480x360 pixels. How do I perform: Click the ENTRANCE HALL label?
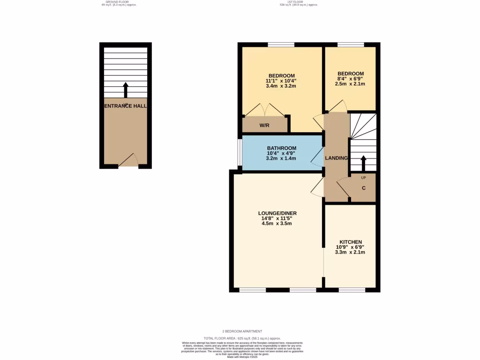(125, 106)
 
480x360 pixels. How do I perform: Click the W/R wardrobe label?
(264, 125)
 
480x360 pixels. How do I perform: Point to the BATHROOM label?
(282, 148)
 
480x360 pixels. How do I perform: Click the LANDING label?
(337, 158)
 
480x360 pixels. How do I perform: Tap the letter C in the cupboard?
(363, 188)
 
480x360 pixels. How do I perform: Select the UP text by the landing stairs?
(363, 178)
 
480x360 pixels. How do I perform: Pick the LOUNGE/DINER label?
(277, 213)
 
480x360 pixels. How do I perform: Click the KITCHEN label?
(351, 242)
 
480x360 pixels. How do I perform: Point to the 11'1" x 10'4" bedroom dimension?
(281, 81)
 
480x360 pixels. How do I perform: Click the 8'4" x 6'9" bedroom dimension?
(351, 79)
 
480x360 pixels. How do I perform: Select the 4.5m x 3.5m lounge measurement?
(277, 224)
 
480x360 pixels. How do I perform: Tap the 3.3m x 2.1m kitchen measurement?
(351, 252)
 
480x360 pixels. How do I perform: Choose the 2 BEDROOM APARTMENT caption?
(242, 331)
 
